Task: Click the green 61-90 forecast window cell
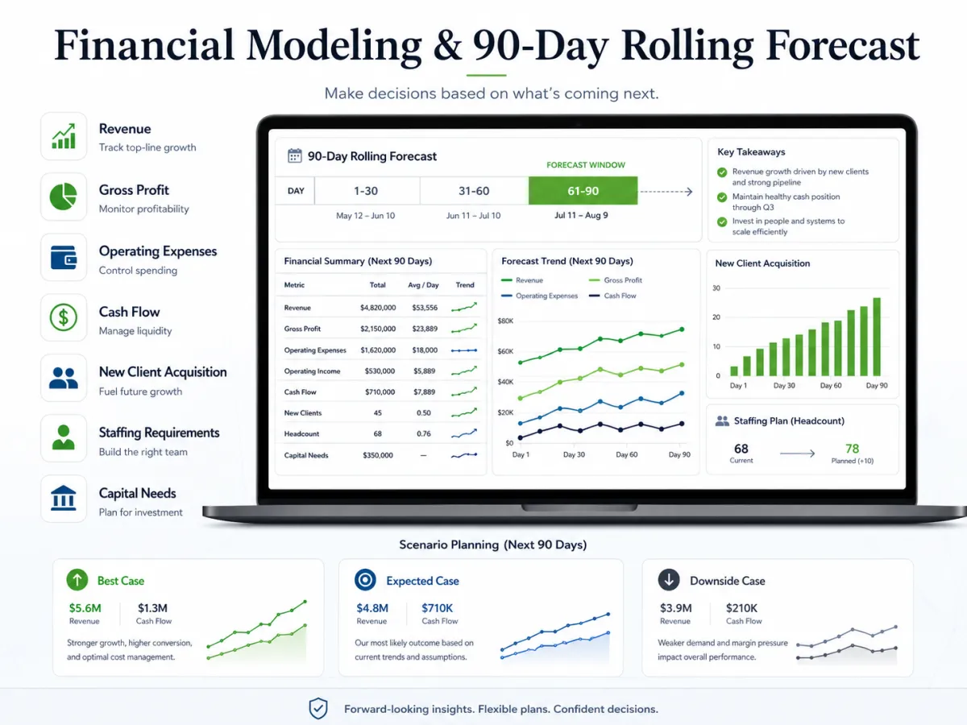583,191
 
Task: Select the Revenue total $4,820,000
378,308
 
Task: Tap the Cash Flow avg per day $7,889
424,391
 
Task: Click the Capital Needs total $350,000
378,455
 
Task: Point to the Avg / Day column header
423,285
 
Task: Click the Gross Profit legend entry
616,280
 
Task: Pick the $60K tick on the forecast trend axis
505,351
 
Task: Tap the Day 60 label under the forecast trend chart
626,454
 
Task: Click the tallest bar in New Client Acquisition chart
877,337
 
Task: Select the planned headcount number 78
852,449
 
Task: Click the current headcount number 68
741,449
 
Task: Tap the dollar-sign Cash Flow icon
64,317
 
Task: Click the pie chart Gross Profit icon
64,197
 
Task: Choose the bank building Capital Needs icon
64,499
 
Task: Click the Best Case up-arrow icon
77,580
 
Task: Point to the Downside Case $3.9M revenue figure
675,608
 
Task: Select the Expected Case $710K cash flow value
437,608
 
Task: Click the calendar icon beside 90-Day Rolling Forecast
294,155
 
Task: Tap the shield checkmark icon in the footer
318,708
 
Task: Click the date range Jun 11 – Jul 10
473,216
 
